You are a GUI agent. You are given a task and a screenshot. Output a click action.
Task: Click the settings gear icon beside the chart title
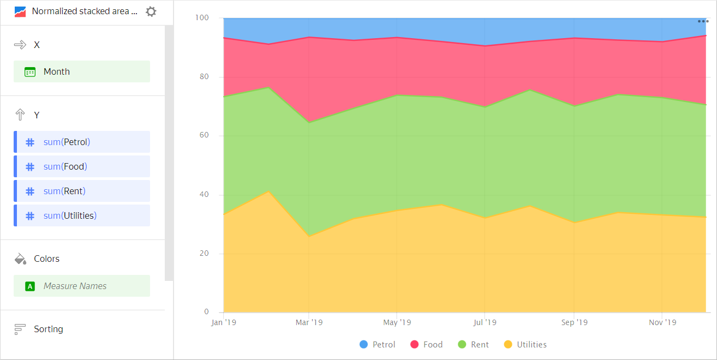tap(151, 11)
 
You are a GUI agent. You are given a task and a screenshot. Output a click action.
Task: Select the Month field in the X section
tap(82, 71)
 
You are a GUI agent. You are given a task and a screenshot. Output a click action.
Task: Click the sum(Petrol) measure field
tap(82, 142)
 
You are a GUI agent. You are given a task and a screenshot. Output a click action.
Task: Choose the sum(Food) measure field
tap(82, 166)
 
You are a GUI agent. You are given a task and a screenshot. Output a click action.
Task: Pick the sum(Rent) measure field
tap(82, 191)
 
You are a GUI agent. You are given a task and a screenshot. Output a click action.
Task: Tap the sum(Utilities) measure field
tap(82, 215)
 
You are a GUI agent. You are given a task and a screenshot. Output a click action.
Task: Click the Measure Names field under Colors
tap(82, 286)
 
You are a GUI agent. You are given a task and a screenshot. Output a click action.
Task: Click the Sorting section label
tap(48, 329)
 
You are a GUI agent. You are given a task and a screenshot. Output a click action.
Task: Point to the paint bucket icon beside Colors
tap(20, 259)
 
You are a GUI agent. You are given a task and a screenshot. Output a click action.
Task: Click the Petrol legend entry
tap(378, 345)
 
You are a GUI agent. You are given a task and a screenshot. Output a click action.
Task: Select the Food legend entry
tap(426, 345)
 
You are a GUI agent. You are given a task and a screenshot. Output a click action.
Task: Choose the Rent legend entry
tap(473, 345)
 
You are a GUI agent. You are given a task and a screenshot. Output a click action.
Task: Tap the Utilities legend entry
tap(525, 345)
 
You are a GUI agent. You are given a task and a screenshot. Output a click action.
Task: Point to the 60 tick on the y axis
tap(202, 136)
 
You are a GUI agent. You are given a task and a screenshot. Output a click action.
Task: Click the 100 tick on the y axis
tap(201, 18)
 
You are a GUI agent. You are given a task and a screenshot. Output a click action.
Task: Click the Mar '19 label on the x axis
tap(309, 322)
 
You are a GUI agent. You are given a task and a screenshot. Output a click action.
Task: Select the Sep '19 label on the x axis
tap(574, 322)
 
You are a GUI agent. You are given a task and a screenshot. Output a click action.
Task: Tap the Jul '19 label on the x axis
tap(485, 322)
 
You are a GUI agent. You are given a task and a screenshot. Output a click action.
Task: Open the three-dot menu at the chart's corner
tap(703, 21)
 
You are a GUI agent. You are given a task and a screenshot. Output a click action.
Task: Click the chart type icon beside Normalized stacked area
tap(20, 11)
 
